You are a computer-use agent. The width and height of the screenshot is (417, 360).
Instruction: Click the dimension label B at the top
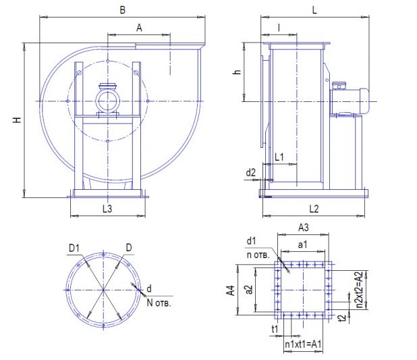click(x=122, y=10)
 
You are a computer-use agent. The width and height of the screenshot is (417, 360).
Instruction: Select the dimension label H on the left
click(x=18, y=120)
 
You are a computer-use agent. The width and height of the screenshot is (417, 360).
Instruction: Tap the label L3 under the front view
click(x=107, y=209)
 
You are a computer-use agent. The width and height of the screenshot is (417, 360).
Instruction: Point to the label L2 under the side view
click(x=314, y=209)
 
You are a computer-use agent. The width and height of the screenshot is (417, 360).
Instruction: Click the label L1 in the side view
click(x=279, y=157)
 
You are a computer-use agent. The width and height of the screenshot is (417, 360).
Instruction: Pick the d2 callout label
click(x=250, y=172)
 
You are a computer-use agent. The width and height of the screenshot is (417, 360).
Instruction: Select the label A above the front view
click(x=139, y=28)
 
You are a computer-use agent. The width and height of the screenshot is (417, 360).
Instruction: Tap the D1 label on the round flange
click(x=74, y=248)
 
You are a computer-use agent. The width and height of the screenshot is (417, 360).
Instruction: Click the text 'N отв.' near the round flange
click(x=159, y=303)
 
